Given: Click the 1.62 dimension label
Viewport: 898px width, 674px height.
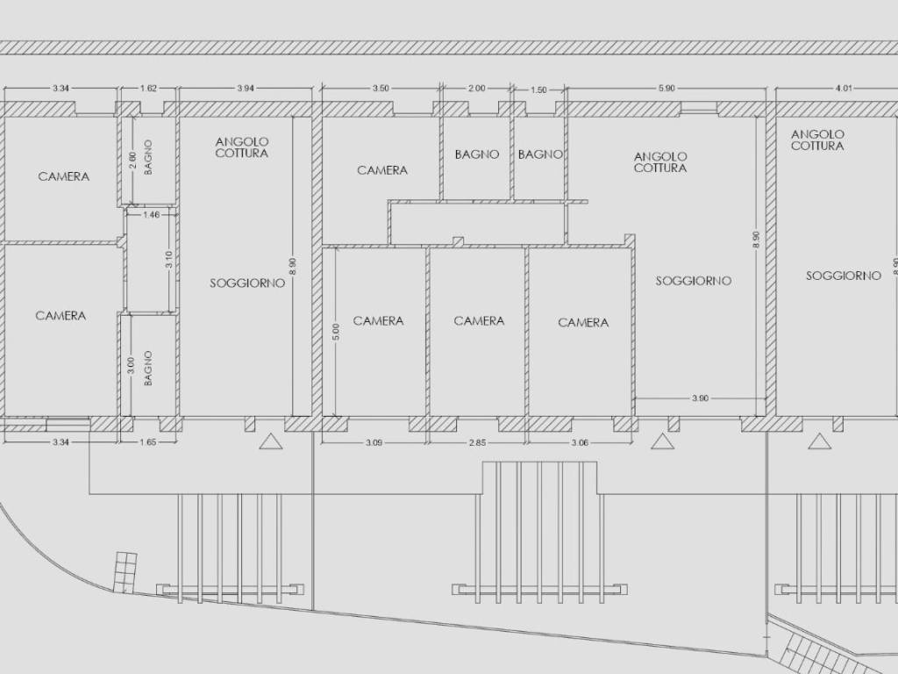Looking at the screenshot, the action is (148, 89).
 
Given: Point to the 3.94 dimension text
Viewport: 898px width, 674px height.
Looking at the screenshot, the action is (246, 89).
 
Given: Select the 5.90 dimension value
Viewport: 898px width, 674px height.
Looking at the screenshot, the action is (666, 89).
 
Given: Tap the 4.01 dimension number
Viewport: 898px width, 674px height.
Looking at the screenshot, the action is (844, 89).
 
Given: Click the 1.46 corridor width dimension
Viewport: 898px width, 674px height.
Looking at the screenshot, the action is (151, 215).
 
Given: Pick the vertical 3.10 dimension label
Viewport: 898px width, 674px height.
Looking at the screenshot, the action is (168, 260).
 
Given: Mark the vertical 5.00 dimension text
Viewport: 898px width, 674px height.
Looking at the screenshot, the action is (336, 331).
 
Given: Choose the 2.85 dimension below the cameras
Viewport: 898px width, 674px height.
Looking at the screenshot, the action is (477, 442).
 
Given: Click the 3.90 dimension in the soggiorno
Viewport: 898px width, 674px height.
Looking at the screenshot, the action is (700, 398).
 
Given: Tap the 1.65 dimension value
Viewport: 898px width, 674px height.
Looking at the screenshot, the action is (148, 442).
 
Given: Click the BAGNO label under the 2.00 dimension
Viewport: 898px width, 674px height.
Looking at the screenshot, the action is (477, 154).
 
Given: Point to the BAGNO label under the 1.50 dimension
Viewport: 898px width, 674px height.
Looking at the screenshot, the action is (540, 154).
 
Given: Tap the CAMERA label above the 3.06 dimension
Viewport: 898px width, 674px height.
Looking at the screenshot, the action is (583, 323).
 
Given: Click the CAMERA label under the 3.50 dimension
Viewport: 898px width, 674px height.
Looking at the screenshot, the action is (382, 170).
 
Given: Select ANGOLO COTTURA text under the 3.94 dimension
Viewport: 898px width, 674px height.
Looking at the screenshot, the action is (242, 147).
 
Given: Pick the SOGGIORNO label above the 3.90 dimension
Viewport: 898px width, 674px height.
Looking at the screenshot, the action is (693, 281).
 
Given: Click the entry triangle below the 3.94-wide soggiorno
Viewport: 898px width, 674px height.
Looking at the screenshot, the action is (271, 441).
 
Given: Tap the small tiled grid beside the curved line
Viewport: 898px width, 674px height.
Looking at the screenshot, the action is (125, 571).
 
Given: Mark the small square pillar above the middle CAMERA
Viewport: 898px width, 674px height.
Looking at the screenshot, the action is (458, 241).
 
